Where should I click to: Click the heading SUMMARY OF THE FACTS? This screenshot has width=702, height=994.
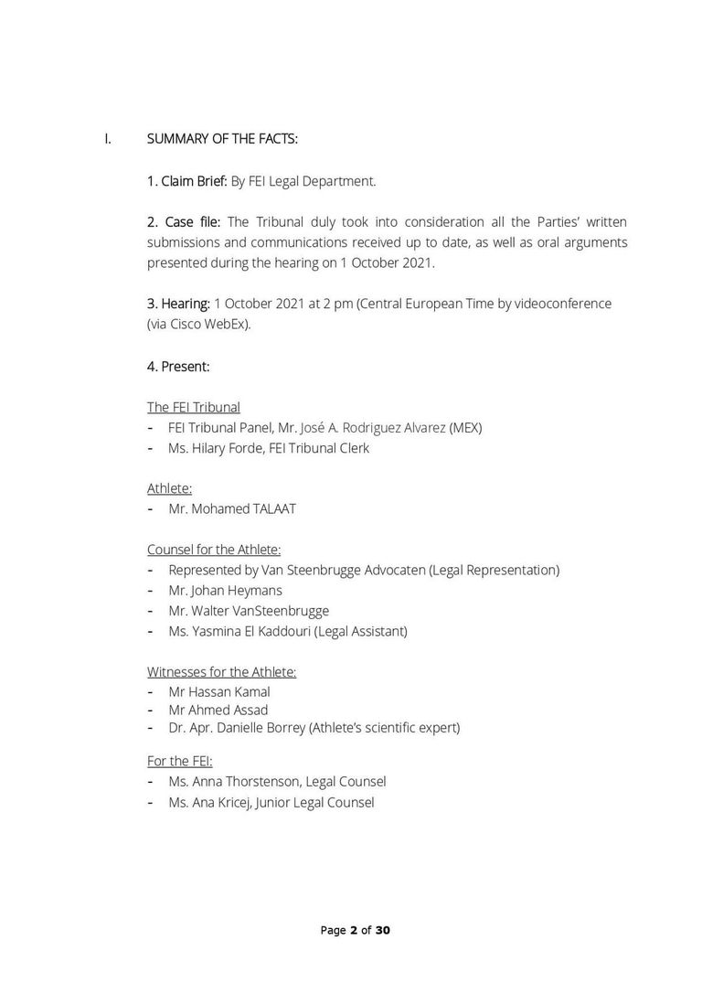pyautogui.click(x=222, y=139)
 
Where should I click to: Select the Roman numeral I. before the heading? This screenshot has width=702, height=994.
pyautogui.click(x=108, y=139)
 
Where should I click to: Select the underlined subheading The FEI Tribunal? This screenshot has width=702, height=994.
pyautogui.click(x=194, y=407)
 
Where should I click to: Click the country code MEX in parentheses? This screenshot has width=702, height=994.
pyautogui.click(x=465, y=428)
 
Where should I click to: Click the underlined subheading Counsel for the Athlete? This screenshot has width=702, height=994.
pyautogui.click(x=214, y=550)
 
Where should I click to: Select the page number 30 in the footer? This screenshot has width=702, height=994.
pyautogui.click(x=383, y=931)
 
